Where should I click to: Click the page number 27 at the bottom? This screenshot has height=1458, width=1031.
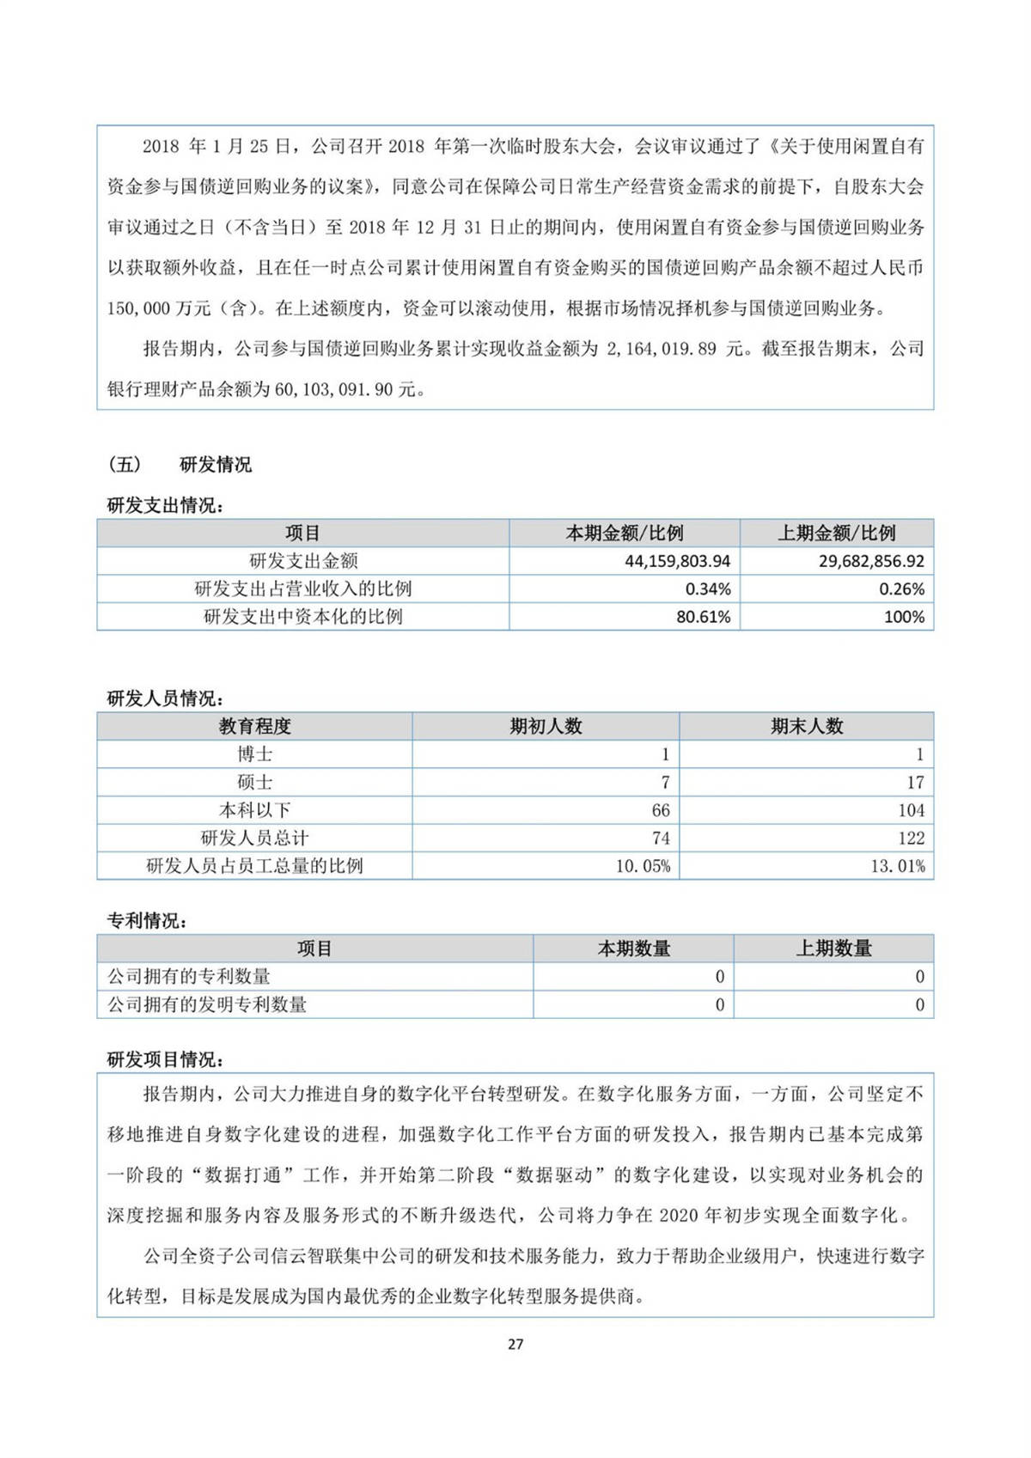pyautogui.click(x=515, y=1344)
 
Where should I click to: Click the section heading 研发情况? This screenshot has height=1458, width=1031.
pyautogui.click(x=216, y=465)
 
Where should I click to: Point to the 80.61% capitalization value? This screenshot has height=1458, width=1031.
pyautogui.click(x=703, y=617)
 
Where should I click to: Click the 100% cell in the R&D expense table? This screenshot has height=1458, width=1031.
pyautogui.click(x=904, y=617)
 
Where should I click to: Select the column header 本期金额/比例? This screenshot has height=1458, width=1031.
pyautogui.click(x=625, y=534)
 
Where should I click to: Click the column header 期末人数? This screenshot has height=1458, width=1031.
pyautogui.click(x=807, y=726)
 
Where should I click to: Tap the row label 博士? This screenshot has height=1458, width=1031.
pyautogui.click(x=254, y=754)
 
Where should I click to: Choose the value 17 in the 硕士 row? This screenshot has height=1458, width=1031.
pyautogui.click(x=915, y=783)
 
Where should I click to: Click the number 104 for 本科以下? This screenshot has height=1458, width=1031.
pyautogui.click(x=911, y=810)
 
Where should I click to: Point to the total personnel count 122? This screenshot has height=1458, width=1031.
pyautogui.click(x=911, y=839)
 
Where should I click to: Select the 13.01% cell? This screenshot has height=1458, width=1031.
pyautogui.click(x=898, y=866)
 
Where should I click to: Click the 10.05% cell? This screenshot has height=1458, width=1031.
pyautogui.click(x=643, y=866)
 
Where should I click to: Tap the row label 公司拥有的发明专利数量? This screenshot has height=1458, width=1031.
pyautogui.click(x=207, y=1004)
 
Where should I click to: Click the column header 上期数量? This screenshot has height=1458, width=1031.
pyautogui.click(x=833, y=949)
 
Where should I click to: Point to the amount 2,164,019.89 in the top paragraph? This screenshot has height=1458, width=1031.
pyautogui.click(x=661, y=349)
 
